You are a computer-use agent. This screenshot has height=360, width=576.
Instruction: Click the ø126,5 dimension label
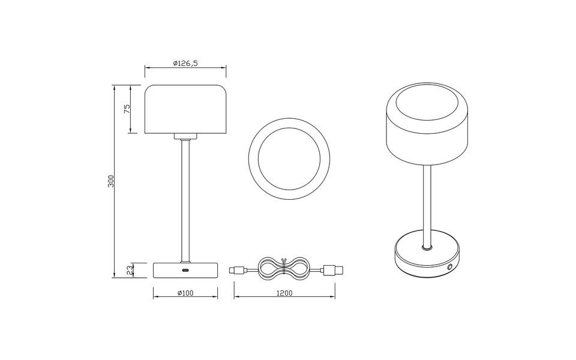pyautogui.click(x=185, y=63)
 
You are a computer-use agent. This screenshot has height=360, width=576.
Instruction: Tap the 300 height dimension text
pyautogui.click(x=110, y=181)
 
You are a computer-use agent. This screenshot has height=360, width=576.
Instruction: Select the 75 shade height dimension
pyautogui.click(x=127, y=109)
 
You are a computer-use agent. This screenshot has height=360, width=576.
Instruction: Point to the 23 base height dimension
pyautogui.click(x=128, y=270)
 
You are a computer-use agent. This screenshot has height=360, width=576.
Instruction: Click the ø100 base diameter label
pyautogui.click(x=185, y=293)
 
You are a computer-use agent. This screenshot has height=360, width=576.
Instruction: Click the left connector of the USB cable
pyautogui.click(x=236, y=271)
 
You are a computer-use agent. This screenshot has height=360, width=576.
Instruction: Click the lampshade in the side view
pyautogui.click(x=185, y=109)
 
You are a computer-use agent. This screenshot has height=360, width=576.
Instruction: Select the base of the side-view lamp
pyautogui.click(x=185, y=271)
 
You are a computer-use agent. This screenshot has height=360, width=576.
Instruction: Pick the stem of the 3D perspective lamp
pyautogui.click(x=426, y=204)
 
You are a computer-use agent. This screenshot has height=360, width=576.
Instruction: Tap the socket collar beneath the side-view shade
pyautogui.click(x=185, y=136)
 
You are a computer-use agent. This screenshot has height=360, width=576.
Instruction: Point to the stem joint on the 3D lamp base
pyautogui.click(x=426, y=247)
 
